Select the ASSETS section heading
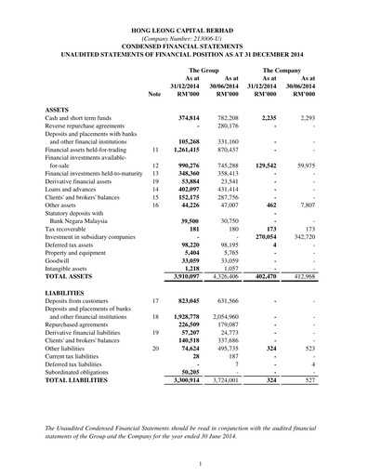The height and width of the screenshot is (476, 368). [58, 110]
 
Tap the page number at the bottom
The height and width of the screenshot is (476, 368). [184, 463]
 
